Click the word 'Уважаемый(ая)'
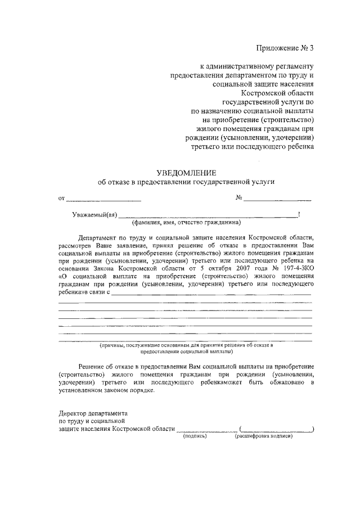[94, 214]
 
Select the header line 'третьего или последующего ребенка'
[253, 147]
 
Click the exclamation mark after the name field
[299, 214]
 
